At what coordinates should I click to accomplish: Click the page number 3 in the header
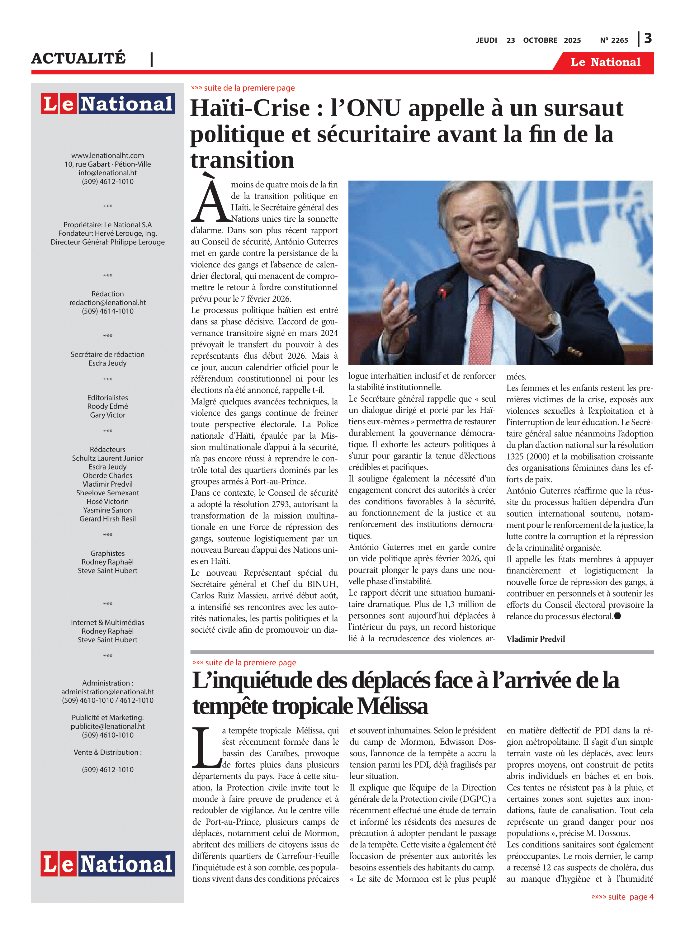pyautogui.click(x=648, y=39)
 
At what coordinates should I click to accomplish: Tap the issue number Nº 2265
pyautogui.click(x=614, y=40)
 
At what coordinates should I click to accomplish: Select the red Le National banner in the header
pyautogui.click(x=605, y=62)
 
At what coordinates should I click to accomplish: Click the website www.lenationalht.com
pyautogui.click(x=108, y=155)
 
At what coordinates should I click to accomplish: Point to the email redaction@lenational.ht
pyautogui.click(x=108, y=303)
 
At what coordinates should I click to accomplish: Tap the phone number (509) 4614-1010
pyautogui.click(x=108, y=311)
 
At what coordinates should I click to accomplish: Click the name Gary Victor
pyautogui.click(x=108, y=415)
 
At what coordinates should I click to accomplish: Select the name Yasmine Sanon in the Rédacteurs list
pyautogui.click(x=108, y=510)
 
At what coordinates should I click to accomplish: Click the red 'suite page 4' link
pyautogui.click(x=622, y=897)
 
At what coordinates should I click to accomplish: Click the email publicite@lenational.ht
pyautogui.click(x=108, y=726)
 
